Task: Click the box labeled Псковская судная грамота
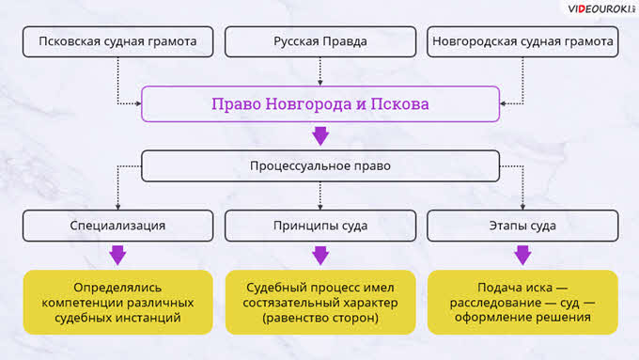pyautogui.click(x=117, y=41)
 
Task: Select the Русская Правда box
pyautogui.click(x=320, y=41)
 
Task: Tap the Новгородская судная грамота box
pyautogui.click(x=522, y=41)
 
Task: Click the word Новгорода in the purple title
pyautogui.click(x=308, y=104)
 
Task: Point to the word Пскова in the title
pyautogui.click(x=399, y=104)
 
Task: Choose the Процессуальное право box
pyautogui.click(x=320, y=166)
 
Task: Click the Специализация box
pyautogui.click(x=117, y=226)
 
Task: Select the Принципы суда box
pyautogui.click(x=320, y=226)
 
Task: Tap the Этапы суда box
pyautogui.click(x=522, y=226)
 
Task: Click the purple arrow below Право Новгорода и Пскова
pyautogui.click(x=320, y=135)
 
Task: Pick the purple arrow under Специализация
pyautogui.click(x=117, y=256)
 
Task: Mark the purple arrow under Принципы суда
pyautogui.click(x=320, y=256)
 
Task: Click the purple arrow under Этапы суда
pyautogui.click(x=522, y=256)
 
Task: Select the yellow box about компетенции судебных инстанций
pyautogui.click(x=117, y=302)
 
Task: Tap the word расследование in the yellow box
pyautogui.click(x=495, y=303)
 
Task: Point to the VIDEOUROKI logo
pyautogui.click(x=601, y=8)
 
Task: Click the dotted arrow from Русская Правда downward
pyautogui.click(x=320, y=71)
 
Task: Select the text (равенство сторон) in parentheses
pyautogui.click(x=320, y=318)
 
